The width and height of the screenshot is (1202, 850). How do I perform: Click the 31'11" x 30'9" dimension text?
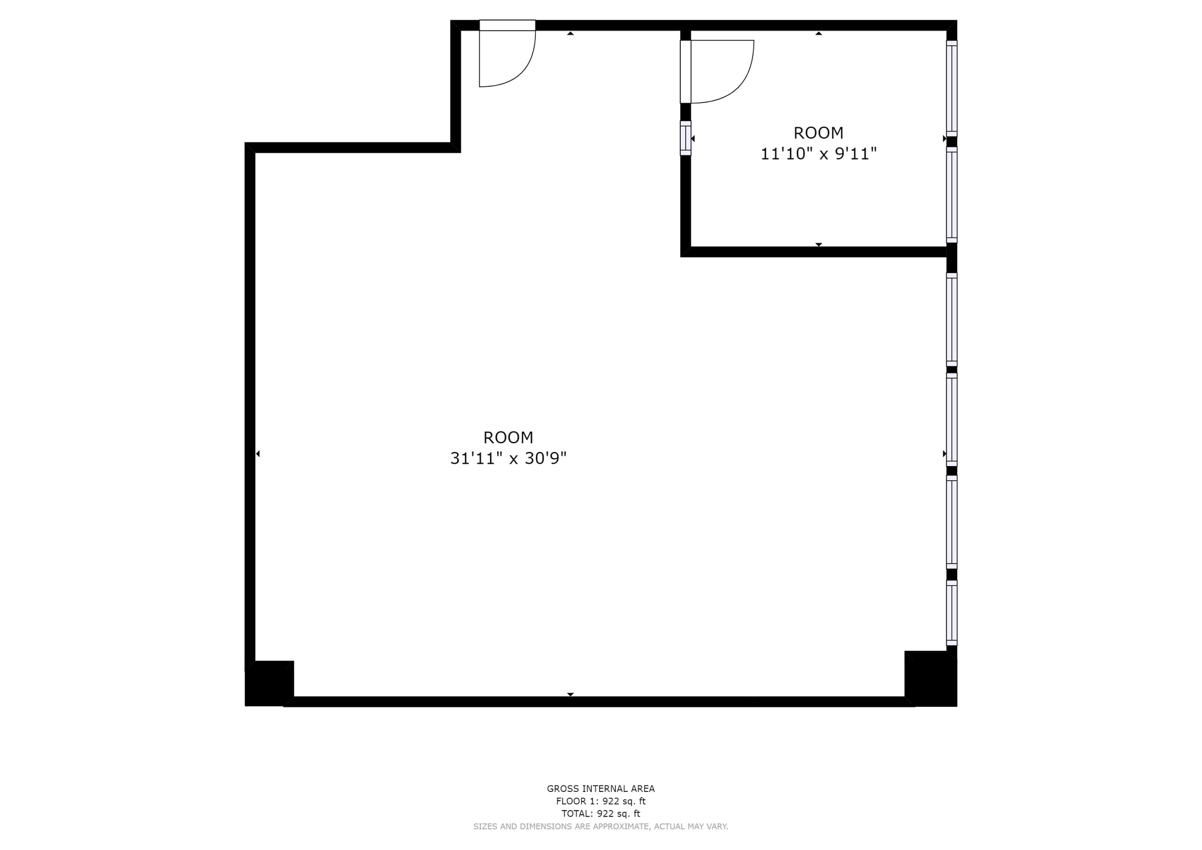coord(508,458)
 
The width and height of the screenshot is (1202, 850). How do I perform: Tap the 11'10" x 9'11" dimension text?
coord(818,154)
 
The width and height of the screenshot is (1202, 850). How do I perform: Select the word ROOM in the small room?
coord(818,133)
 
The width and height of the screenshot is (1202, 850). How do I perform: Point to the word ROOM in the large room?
coord(508,437)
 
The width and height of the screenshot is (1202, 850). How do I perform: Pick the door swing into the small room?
coord(721,71)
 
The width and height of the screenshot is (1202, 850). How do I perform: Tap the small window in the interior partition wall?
coord(685,138)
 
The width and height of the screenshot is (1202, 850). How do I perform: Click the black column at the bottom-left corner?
coord(269,683)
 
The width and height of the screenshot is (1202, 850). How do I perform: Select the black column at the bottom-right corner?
coord(930,678)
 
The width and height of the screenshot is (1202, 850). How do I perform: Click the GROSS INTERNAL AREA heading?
coord(600,789)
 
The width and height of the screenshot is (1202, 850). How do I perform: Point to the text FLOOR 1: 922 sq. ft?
coord(600,801)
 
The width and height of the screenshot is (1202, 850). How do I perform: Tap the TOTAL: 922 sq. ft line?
coord(600,814)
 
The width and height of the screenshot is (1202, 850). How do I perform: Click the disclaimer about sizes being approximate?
coord(600,827)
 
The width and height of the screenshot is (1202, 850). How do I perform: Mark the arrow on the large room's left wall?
coord(258,454)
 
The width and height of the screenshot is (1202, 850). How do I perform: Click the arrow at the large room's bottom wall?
coord(570,694)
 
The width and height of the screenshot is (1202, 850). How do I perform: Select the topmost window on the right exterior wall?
coord(951,88)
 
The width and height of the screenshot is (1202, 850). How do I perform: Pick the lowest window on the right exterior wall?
coord(951,613)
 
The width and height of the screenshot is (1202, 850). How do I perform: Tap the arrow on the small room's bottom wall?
coord(818,244)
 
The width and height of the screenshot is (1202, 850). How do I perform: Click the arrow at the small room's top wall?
coord(818,33)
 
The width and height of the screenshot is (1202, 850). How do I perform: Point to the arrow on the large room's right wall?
coord(944,454)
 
